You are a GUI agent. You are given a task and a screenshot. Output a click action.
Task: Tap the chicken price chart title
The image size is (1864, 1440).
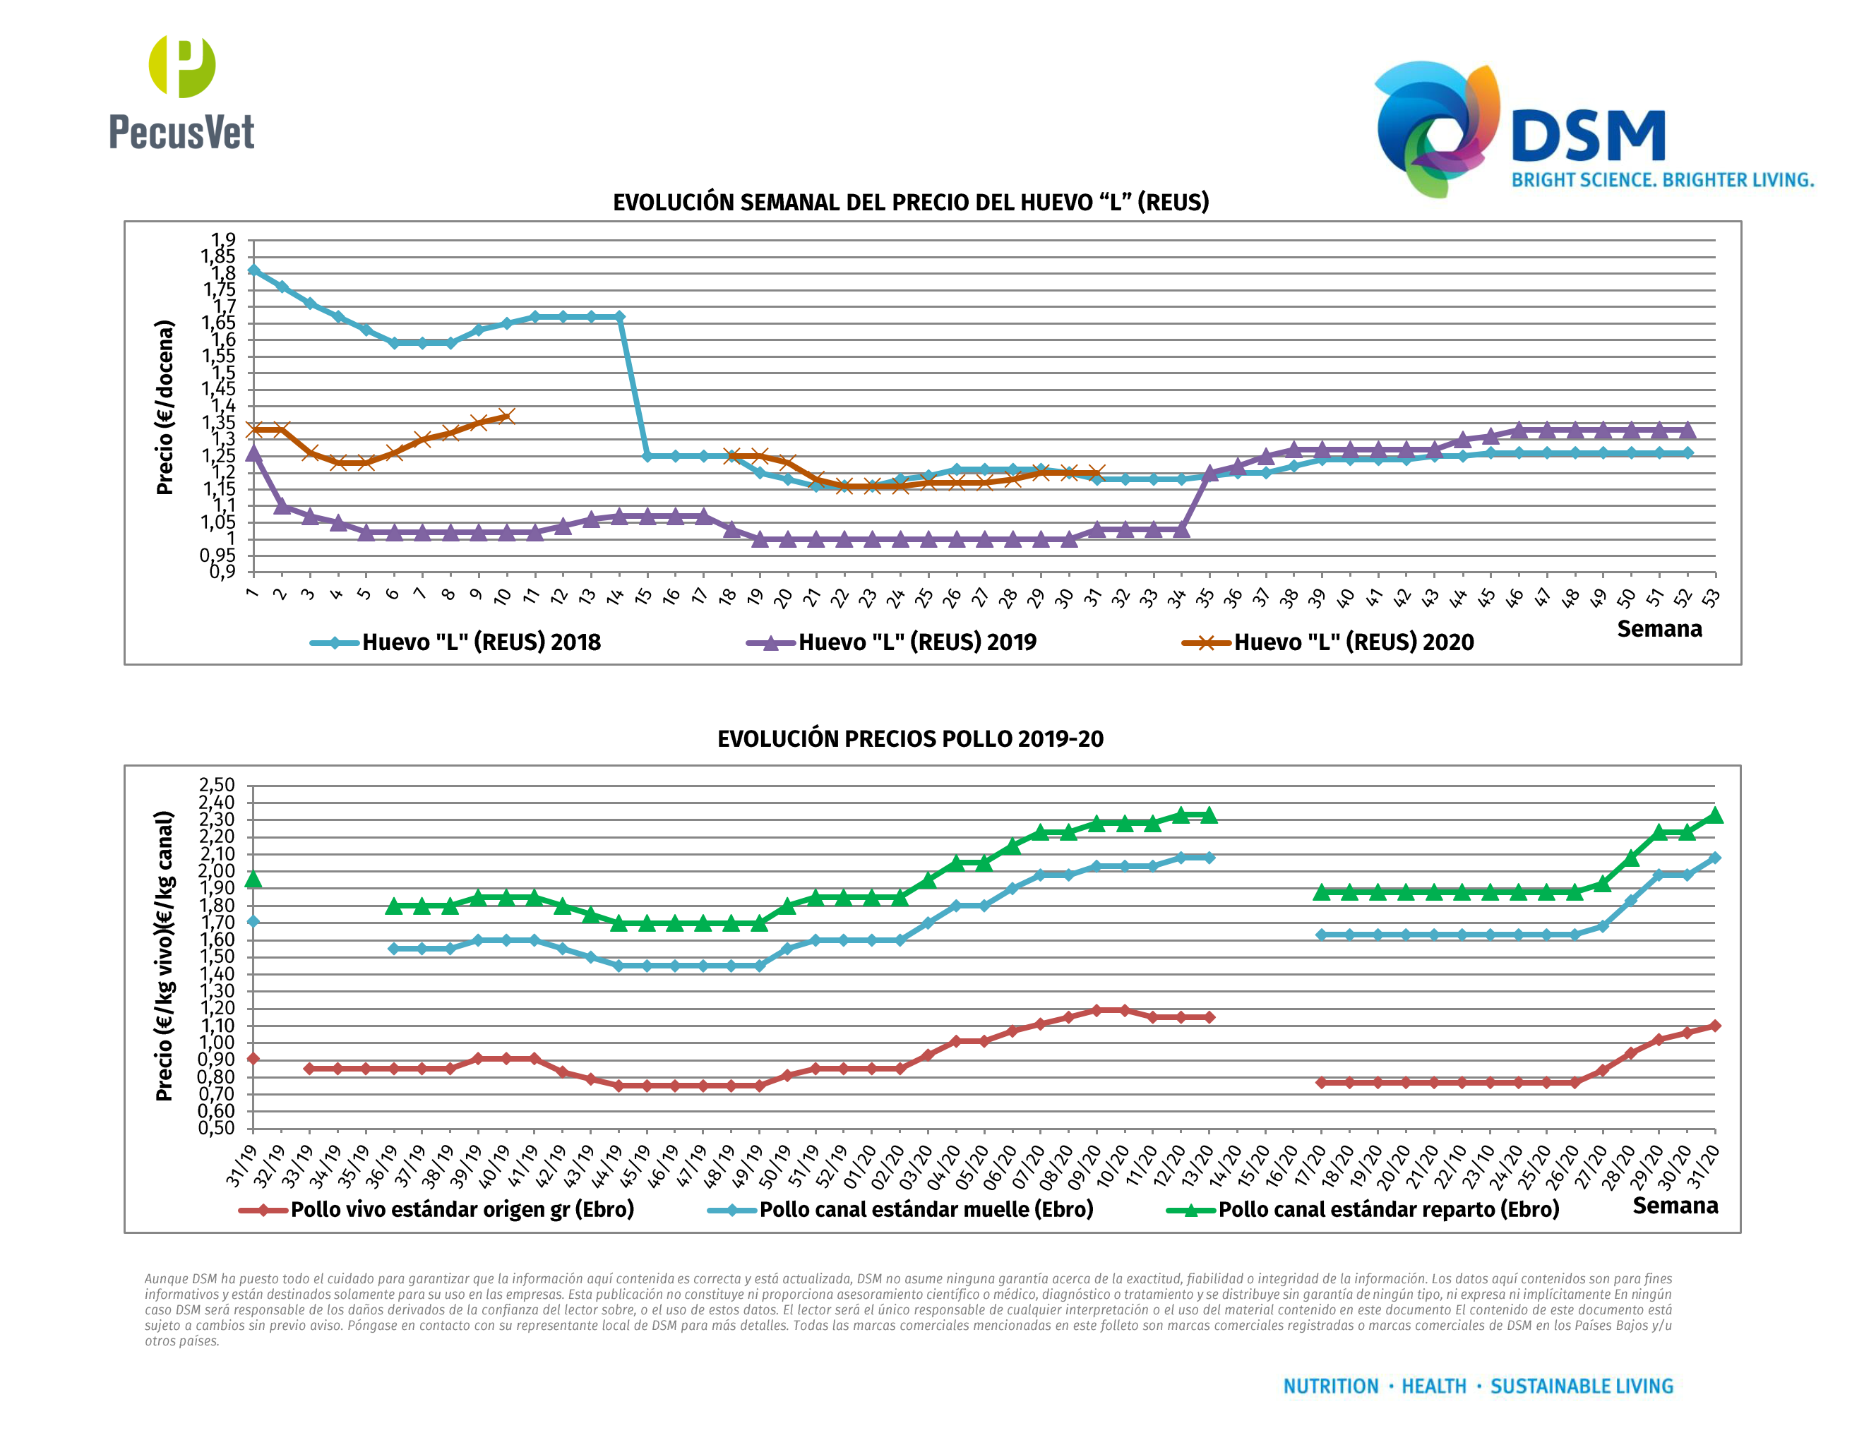pos(910,739)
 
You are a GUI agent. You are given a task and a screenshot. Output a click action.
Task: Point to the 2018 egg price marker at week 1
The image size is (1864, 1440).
pos(253,270)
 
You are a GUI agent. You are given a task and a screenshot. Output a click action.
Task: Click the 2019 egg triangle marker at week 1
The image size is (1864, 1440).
pos(253,453)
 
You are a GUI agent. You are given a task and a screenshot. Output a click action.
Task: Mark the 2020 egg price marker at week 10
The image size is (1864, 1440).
pos(506,416)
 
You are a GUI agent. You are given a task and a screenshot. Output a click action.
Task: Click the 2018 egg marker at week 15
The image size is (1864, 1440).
pos(647,455)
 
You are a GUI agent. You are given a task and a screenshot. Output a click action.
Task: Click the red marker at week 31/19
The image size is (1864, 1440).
pos(253,1059)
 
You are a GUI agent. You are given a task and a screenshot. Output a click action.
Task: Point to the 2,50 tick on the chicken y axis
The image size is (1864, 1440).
pos(217,785)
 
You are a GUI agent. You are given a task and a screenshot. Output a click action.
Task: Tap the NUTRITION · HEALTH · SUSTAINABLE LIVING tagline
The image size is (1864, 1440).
pos(1478,1386)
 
